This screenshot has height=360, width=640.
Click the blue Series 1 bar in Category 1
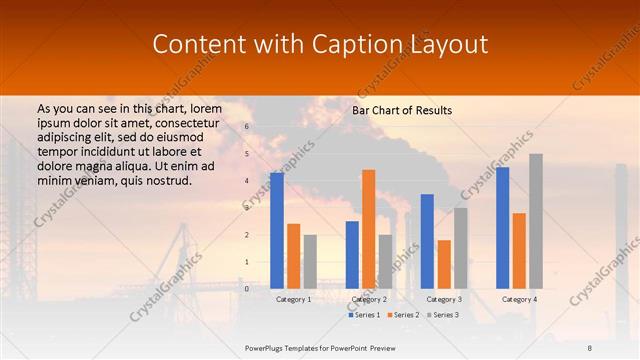tap(277, 231)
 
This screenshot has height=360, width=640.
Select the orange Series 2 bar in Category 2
tap(368, 229)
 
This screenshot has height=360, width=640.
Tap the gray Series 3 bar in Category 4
tap(535, 221)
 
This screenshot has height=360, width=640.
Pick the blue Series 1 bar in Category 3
tap(427, 241)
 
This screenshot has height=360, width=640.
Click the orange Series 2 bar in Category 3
tap(443, 264)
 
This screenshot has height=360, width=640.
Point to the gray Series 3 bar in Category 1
tap(310, 262)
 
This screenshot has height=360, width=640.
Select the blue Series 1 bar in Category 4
tap(502, 228)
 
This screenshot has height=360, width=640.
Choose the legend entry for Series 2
tap(402, 315)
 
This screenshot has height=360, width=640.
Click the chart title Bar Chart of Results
tap(402, 110)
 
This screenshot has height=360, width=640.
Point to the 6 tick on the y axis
tap(247, 127)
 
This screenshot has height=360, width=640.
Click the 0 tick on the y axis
tap(247, 289)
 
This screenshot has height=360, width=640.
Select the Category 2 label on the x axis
tap(369, 299)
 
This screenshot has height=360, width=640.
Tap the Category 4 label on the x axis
tap(519, 299)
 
